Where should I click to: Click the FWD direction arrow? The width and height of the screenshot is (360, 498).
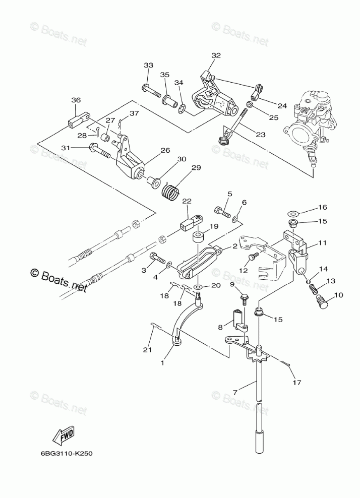[63, 434]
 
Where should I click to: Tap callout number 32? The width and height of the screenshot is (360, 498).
[216, 55]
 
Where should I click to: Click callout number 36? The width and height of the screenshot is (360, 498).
[76, 100]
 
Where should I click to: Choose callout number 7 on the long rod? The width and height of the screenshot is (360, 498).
[235, 393]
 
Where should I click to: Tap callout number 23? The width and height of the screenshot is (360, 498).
[261, 135]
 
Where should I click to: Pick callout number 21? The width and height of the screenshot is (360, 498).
[148, 350]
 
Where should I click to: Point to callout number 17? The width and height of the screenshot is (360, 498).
[297, 383]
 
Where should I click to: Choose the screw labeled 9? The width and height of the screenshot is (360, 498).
[245, 300]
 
